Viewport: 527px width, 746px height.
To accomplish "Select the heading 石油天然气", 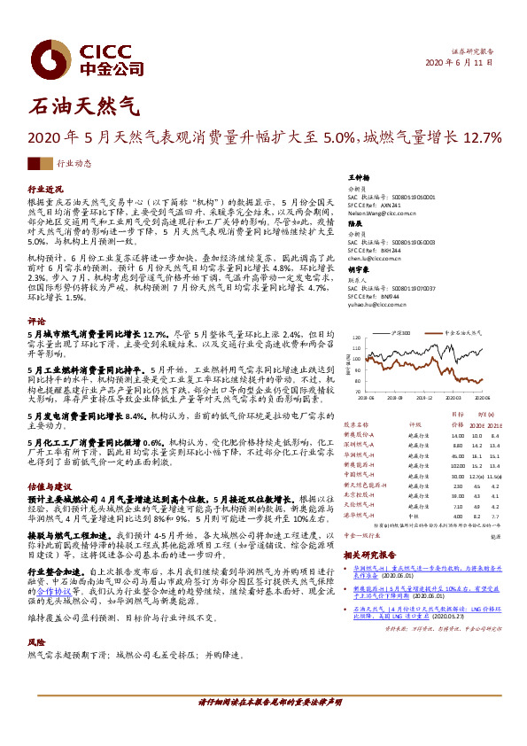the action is click(x=85, y=108).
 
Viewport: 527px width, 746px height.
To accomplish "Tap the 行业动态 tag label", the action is click(x=74, y=164).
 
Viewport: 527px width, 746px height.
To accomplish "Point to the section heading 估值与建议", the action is click(x=50, y=486).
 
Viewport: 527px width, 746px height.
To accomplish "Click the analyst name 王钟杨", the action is click(x=359, y=177).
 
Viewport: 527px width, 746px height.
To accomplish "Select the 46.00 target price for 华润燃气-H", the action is click(x=457, y=455).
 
